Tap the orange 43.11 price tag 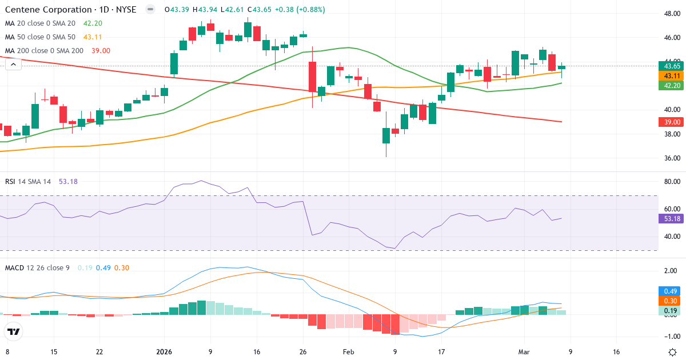[671, 76]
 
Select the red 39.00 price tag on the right [671, 122]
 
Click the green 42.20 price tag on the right [671, 85]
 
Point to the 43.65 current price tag [671, 66]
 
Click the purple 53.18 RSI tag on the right [671, 218]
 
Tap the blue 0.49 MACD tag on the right [671, 291]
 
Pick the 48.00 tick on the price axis [671, 14]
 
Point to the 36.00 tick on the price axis [671, 158]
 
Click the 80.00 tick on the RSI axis [671, 182]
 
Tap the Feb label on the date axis [349, 352]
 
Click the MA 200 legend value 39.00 [101, 50]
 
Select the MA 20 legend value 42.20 [93, 23]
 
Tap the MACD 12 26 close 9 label [37, 267]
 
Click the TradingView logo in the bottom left [13, 331]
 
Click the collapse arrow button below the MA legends [13, 65]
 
